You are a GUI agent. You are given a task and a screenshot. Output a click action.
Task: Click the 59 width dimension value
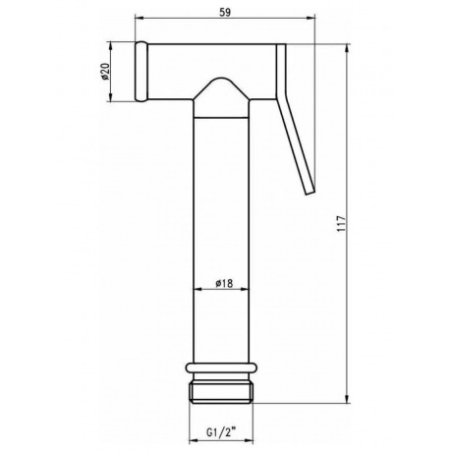tap(225, 13)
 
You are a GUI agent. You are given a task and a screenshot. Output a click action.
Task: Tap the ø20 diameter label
tap(105, 72)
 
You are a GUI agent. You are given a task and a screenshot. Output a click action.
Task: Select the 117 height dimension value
tap(342, 224)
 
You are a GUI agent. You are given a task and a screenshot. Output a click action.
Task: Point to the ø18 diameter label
tap(224, 283)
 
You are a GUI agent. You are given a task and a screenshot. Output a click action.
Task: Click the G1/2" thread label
tap(221, 432)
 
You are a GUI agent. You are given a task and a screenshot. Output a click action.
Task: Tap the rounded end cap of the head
tap(141, 72)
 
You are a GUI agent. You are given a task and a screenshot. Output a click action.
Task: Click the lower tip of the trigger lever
tap(310, 193)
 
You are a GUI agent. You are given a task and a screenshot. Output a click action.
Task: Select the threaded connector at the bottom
tap(221, 393)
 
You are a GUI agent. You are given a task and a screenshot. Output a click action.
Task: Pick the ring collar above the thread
tap(221, 368)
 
